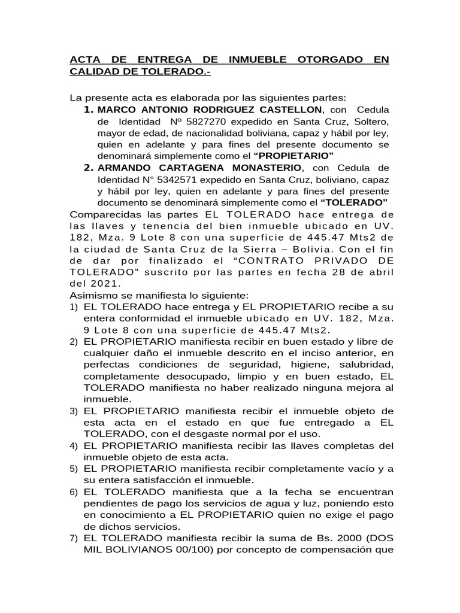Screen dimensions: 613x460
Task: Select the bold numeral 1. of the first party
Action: (x=88, y=110)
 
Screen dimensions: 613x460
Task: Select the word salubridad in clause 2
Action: (x=364, y=364)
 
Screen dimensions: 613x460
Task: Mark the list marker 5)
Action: (x=74, y=469)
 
